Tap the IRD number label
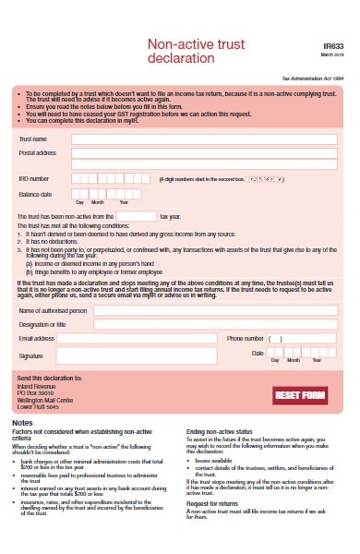click(34, 177)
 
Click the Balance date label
click(35, 195)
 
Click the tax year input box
click(136, 216)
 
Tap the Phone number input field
click(299, 339)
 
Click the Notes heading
click(23, 422)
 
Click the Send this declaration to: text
click(46, 378)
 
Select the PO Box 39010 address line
click(38, 392)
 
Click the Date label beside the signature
click(258, 354)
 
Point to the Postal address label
click(38, 152)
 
